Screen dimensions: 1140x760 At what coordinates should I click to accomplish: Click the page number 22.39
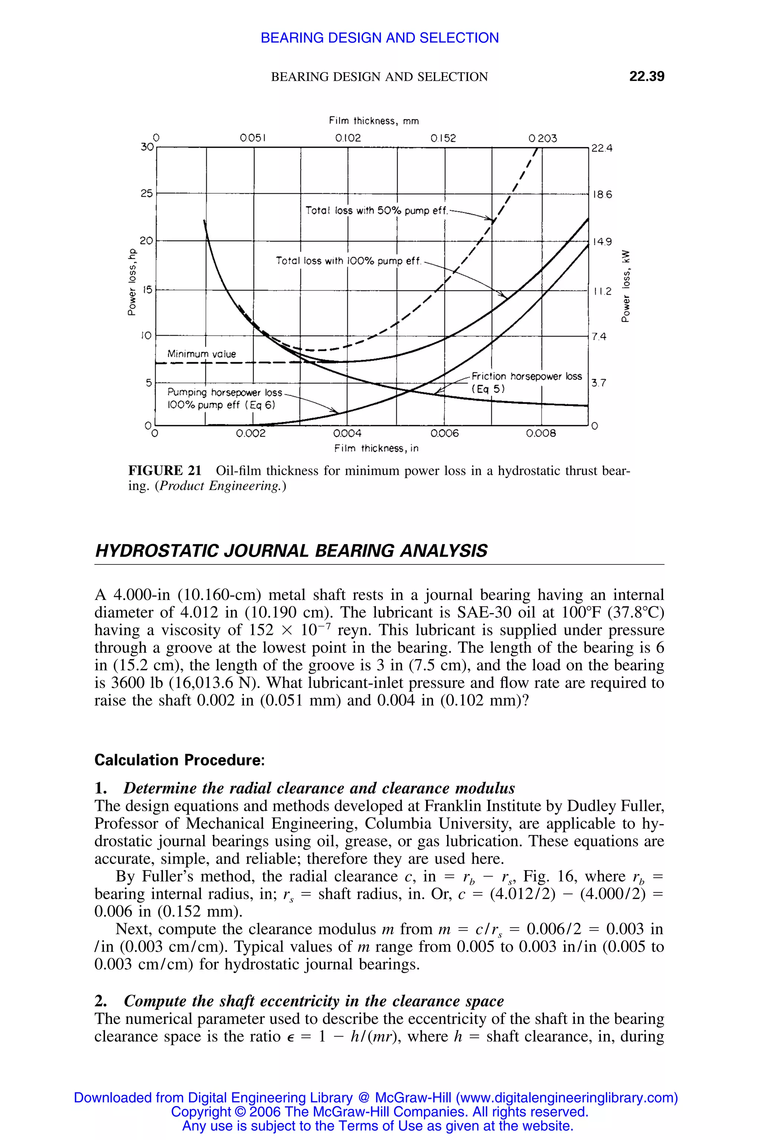click(646, 76)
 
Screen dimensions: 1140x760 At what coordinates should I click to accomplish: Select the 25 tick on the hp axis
click(146, 193)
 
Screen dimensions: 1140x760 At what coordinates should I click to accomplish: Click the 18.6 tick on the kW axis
click(602, 194)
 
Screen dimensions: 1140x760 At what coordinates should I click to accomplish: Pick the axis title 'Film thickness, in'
click(376, 448)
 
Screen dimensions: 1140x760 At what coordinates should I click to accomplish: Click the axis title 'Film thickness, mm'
click(374, 121)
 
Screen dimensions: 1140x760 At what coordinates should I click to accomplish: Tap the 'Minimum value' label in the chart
click(202, 354)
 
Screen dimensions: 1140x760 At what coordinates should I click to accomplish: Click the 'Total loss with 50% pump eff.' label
click(376, 211)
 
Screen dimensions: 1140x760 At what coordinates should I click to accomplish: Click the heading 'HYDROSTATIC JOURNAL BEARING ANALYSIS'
click(291, 551)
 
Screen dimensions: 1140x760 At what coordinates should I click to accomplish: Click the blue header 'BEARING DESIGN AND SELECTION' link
click(380, 38)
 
